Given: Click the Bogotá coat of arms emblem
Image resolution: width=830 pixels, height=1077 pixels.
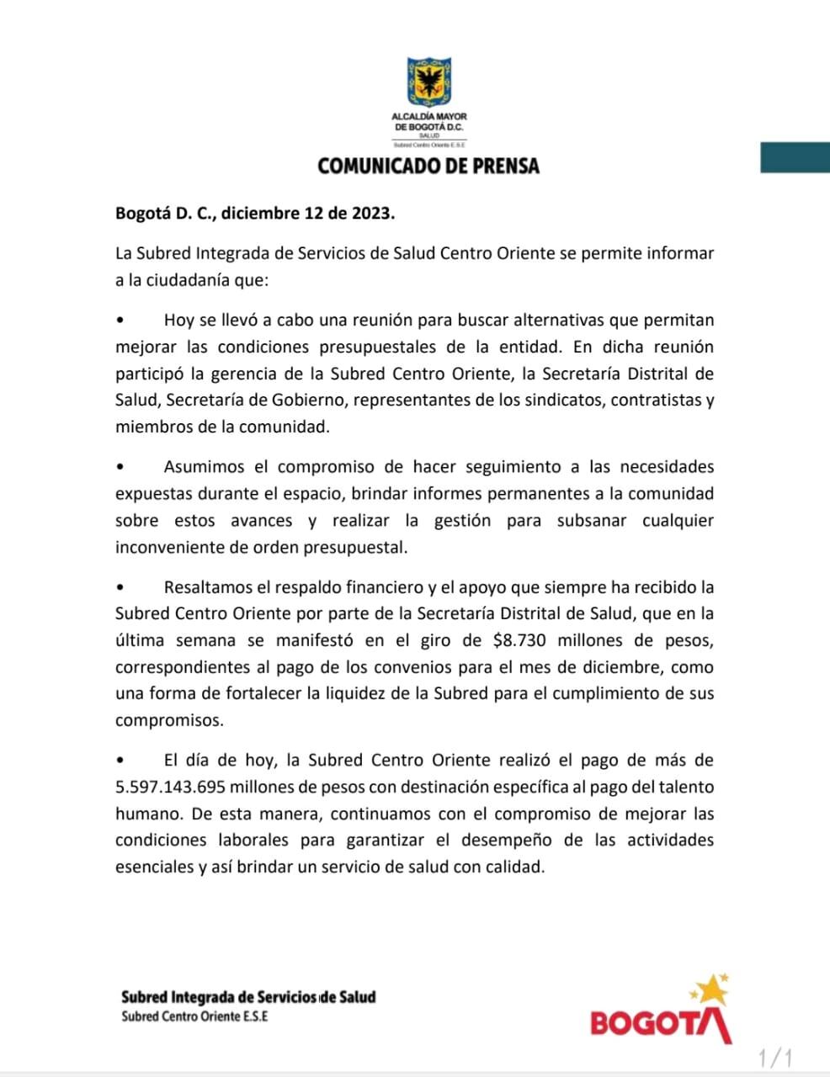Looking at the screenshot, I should [x=428, y=82].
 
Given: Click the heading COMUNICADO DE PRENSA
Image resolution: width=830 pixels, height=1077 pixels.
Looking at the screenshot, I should [x=428, y=166].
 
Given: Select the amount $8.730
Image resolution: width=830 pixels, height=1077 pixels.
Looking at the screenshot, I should [x=519, y=640].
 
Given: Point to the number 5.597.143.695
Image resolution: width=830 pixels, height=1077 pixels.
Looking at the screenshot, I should [x=170, y=788].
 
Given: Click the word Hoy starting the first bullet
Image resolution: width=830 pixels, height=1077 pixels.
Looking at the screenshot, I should [x=178, y=321].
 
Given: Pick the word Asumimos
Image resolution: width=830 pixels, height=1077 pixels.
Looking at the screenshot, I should [x=204, y=467].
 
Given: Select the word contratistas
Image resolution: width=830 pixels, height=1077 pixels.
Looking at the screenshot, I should [x=654, y=401].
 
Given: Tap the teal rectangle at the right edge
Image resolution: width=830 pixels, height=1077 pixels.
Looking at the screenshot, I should [x=795, y=157].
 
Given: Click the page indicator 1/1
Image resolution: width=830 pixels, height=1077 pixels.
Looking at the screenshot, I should [x=774, y=1057].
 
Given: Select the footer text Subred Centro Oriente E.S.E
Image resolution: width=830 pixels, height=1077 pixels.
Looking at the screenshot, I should [x=194, y=1016].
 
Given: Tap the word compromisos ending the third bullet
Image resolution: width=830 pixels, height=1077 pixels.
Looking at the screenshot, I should [x=158, y=721].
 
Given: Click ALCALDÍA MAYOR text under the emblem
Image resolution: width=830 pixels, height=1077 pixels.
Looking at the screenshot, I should [x=428, y=116].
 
